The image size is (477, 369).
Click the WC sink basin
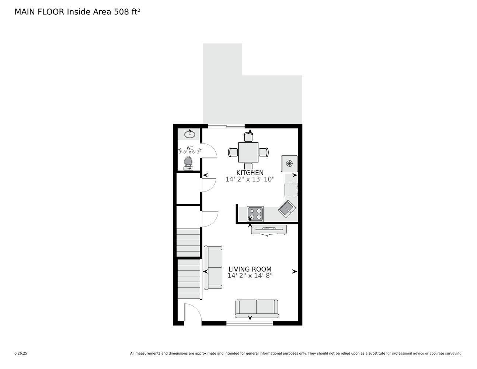click(190, 134)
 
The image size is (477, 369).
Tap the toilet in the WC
click(188, 163)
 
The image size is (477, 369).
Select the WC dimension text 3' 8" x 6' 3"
click(190, 152)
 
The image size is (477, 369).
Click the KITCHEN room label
click(250, 173)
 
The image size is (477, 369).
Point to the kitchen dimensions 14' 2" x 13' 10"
click(250, 179)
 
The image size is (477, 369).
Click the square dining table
click(248, 152)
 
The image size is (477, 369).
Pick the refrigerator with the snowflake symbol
click(289, 163)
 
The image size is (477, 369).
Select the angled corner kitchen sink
click(287, 208)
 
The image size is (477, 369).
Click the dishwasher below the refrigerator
click(291, 190)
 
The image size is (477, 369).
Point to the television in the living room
click(269, 230)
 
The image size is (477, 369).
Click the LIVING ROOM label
click(250, 269)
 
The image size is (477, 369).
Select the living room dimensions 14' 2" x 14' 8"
click(250, 275)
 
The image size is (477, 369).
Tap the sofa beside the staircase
click(213, 268)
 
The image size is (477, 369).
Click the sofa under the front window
click(257, 308)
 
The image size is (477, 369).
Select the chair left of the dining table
click(233, 152)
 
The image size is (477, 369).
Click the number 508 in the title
click(121, 12)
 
